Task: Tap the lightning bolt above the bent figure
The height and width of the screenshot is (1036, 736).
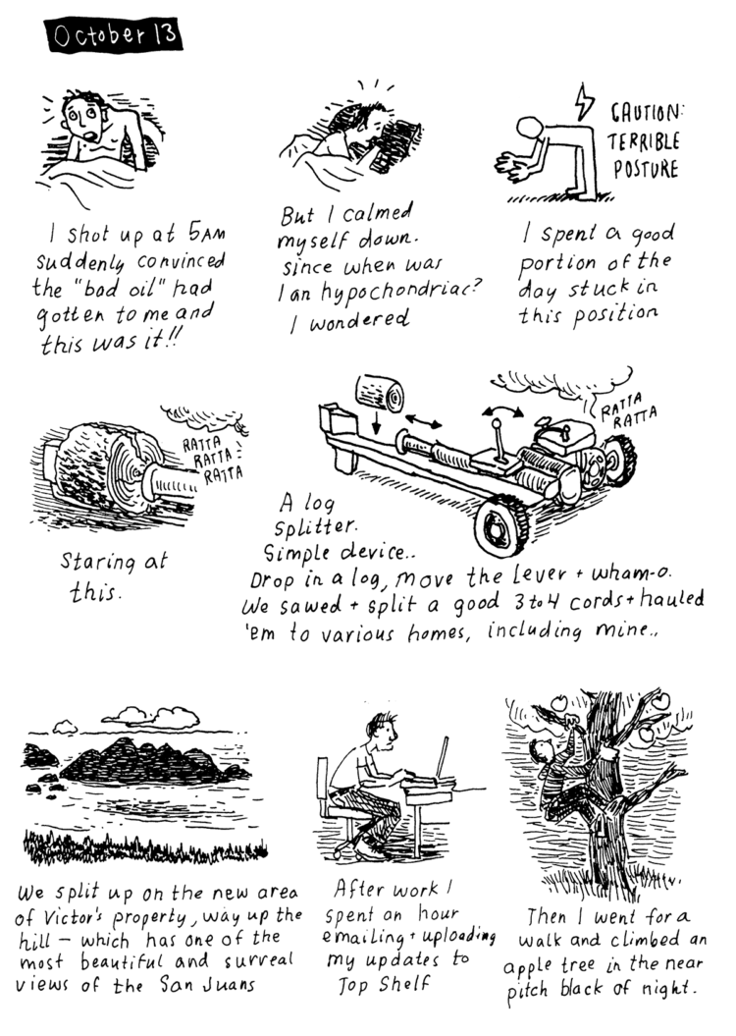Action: click(x=584, y=102)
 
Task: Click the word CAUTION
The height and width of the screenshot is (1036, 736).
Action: click(x=645, y=114)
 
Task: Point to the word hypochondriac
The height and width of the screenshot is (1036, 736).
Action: click(x=393, y=292)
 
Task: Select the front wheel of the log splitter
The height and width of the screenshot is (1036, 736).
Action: click(x=501, y=526)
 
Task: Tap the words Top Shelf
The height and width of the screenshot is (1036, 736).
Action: click(x=384, y=985)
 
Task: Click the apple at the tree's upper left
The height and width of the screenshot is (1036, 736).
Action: click(x=559, y=702)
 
